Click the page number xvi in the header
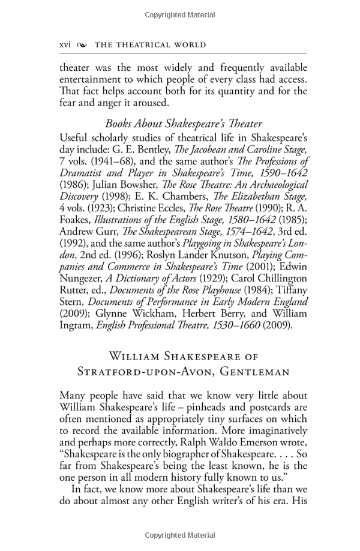(65, 44)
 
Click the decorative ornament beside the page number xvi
(82, 45)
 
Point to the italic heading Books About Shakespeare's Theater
(184, 124)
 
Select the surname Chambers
(178, 196)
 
